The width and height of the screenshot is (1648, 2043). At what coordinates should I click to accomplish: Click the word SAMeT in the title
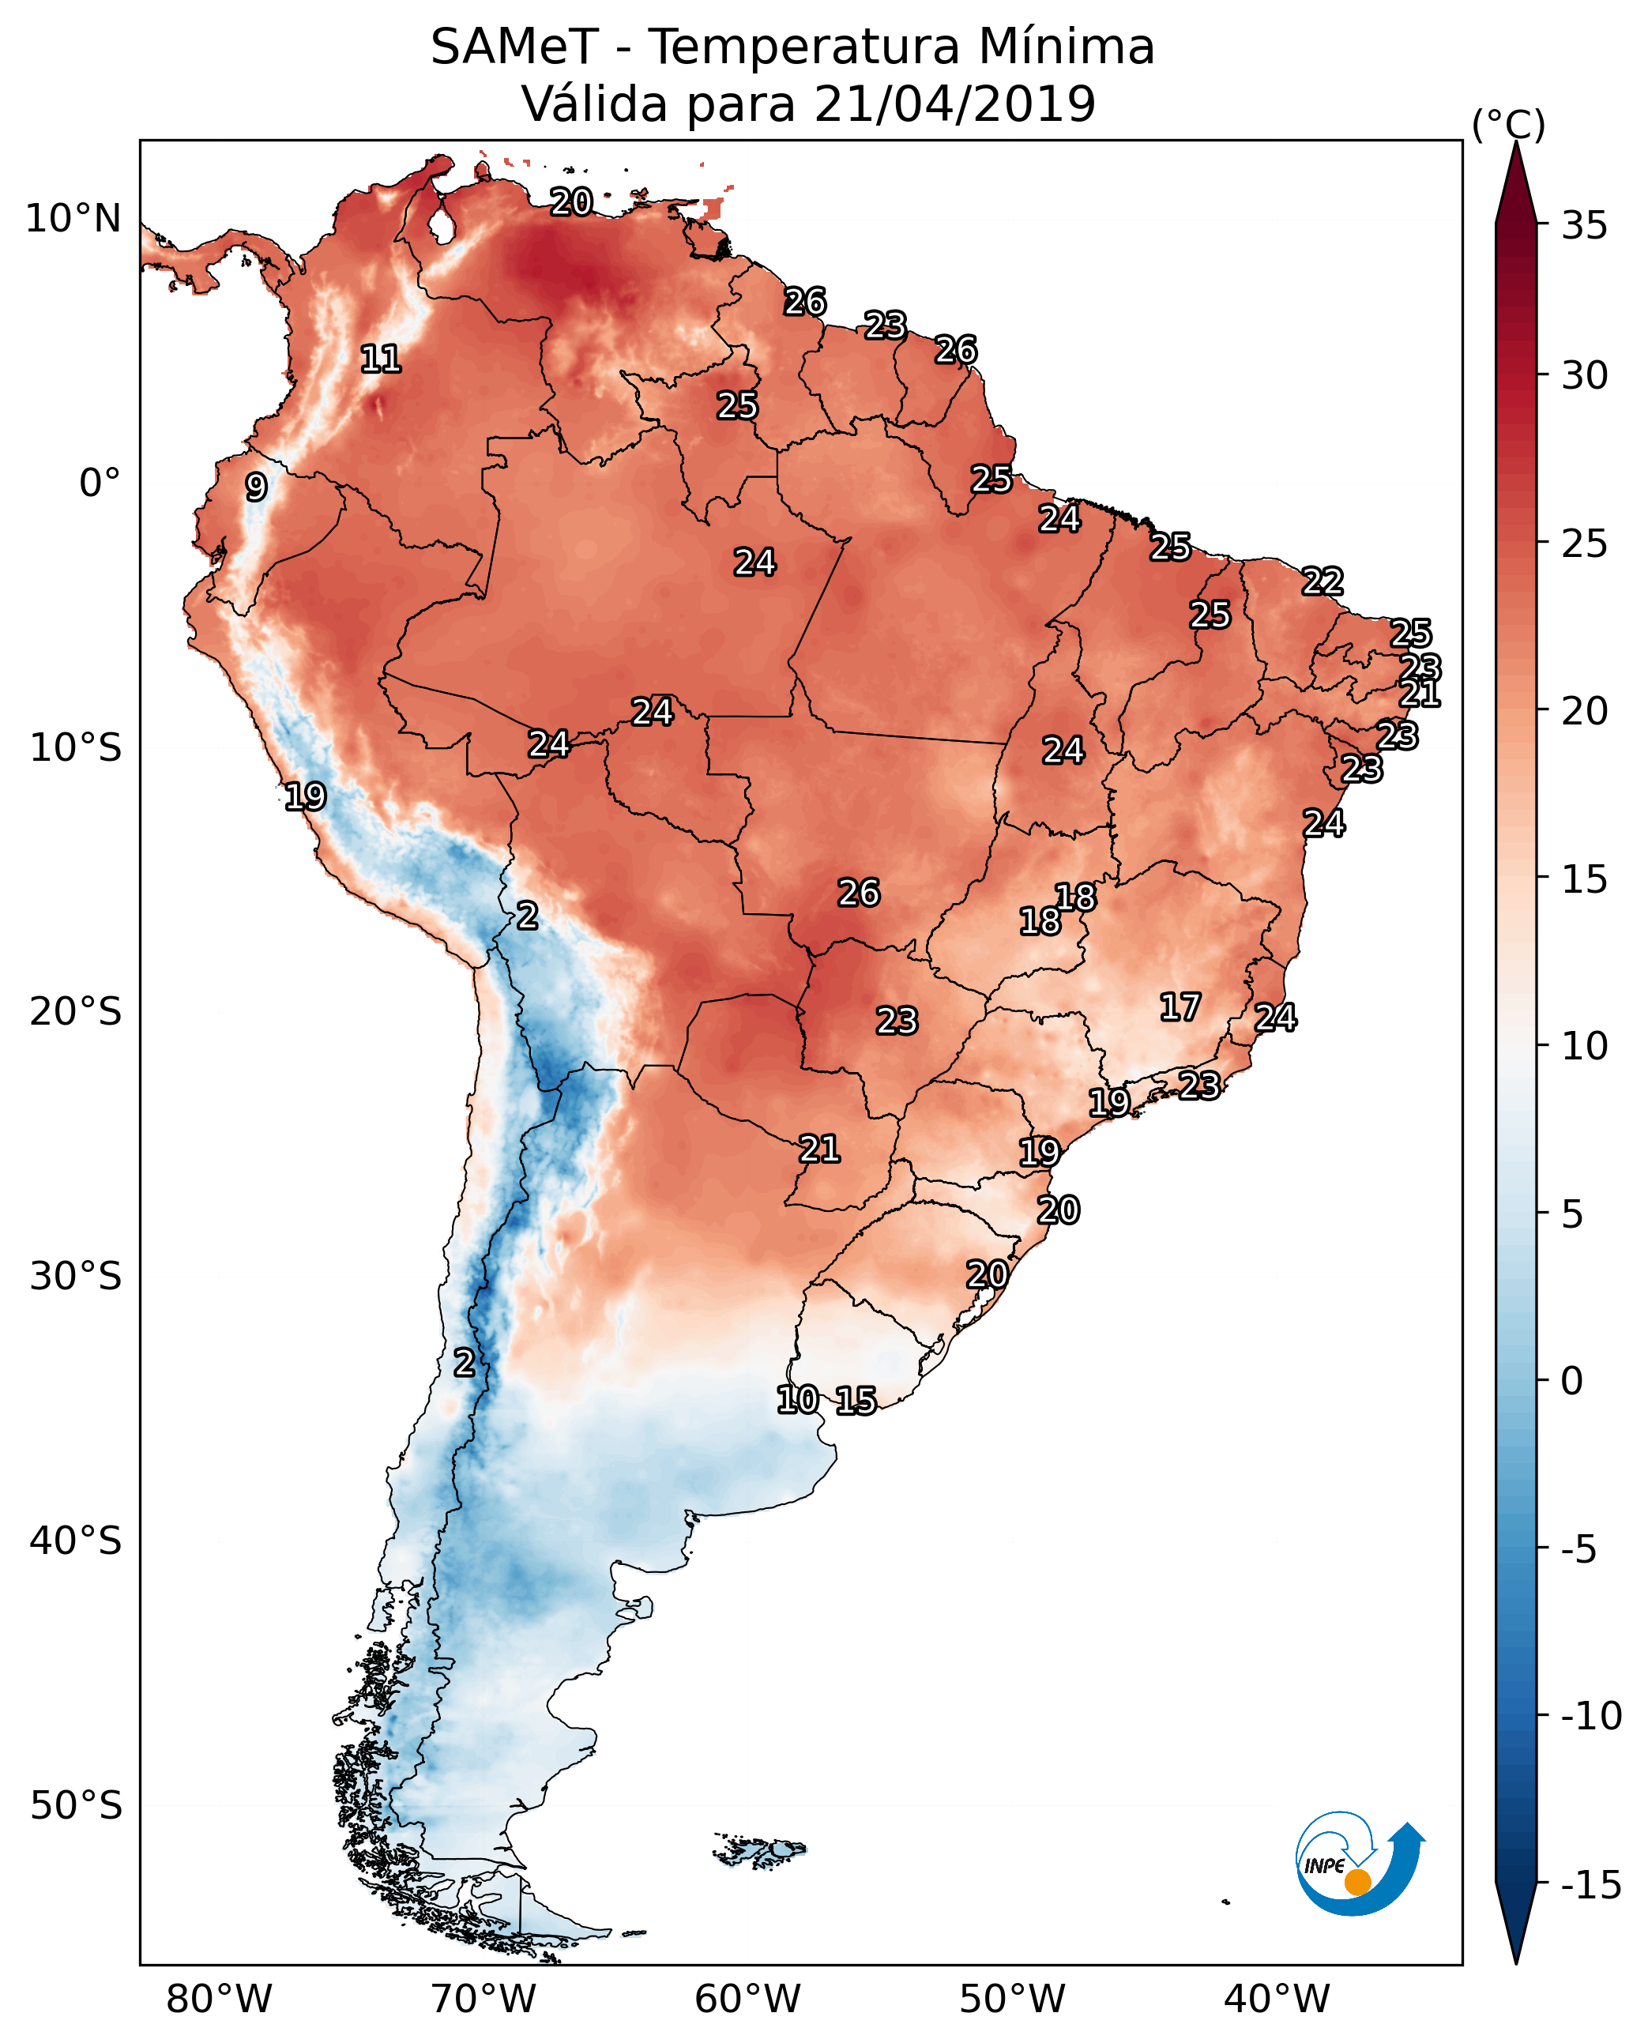pos(514,47)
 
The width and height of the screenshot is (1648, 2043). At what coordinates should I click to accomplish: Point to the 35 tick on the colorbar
pos(1584,226)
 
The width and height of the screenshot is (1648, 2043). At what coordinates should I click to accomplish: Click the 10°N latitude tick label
pos(73,220)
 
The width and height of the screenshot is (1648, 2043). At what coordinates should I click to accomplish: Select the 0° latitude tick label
pos(99,483)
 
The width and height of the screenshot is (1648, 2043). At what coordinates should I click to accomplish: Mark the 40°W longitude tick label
pos(1276,2000)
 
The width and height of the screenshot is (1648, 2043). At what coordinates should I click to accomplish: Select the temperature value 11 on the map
pos(381,359)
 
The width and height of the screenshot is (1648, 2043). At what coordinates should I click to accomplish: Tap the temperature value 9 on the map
pos(255,487)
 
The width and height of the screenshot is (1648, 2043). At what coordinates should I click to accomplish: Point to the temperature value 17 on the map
pos(1180,1007)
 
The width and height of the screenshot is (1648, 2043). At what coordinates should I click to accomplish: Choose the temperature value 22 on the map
pos(1323,581)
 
